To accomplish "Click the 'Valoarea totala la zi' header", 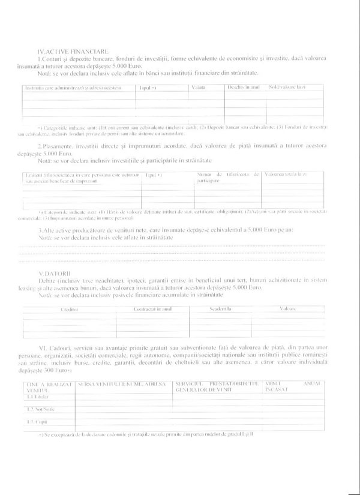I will (x=287, y=174).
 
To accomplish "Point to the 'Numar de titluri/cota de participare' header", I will (x=227, y=177).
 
